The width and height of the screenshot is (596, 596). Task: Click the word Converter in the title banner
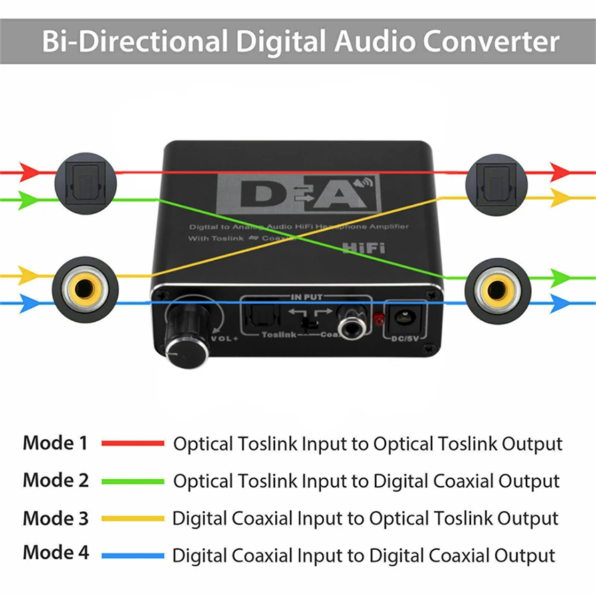491,41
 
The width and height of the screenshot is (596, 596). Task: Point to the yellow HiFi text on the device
364,247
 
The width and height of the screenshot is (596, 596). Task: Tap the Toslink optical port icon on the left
86,183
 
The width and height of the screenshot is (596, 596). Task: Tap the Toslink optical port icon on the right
496,184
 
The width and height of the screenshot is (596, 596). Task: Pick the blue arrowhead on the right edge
560,303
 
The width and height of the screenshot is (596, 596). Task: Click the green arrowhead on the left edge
27,200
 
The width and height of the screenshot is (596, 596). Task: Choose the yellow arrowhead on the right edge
560,198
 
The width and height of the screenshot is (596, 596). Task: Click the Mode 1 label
55,443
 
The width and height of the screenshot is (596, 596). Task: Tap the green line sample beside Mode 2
133,481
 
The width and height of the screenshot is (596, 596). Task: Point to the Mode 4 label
56,552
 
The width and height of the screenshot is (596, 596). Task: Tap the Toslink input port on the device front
257,317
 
